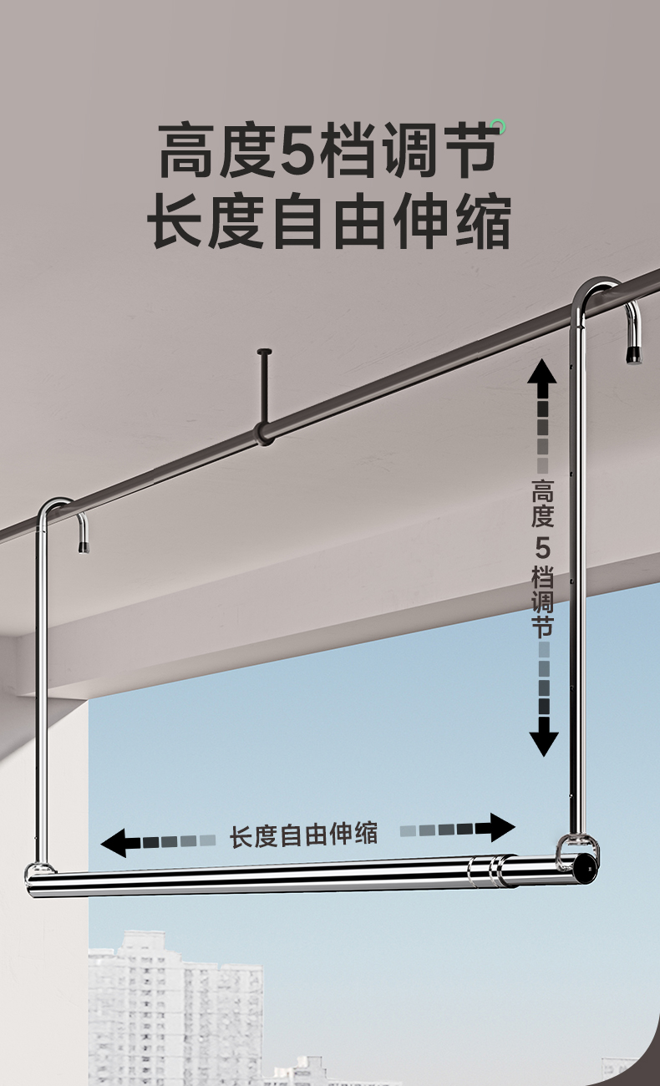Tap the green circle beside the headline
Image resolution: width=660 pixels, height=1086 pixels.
[x=499, y=127]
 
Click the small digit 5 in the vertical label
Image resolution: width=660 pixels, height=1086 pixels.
[x=542, y=549]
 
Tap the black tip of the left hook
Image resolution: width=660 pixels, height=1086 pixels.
[x=84, y=546]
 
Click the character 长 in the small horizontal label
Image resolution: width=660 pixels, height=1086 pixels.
[x=242, y=835]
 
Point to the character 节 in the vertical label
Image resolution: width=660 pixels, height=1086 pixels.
[x=542, y=627]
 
